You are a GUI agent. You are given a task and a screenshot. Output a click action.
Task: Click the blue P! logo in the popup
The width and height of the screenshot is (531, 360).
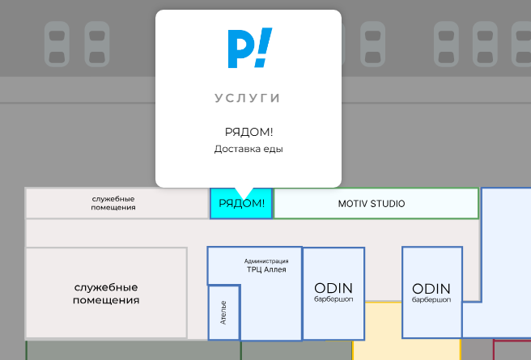[x=250, y=48]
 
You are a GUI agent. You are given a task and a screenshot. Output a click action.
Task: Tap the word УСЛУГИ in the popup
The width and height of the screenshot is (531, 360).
[x=248, y=98]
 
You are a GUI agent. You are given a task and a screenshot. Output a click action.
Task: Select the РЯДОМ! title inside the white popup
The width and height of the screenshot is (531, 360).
[x=249, y=132]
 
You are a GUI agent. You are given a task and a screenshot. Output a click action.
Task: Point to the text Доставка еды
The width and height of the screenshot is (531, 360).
[x=249, y=149]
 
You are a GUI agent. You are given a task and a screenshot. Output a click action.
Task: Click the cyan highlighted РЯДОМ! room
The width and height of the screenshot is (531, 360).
[x=241, y=203]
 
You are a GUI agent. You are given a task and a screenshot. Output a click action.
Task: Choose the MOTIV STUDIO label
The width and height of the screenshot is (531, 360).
[x=372, y=204]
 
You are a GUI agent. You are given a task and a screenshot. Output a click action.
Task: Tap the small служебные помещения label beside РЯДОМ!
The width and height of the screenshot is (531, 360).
[x=113, y=203]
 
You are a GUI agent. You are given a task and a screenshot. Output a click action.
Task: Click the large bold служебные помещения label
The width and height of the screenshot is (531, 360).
[x=106, y=294]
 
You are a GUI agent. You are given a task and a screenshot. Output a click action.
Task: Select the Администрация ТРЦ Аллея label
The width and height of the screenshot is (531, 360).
[x=266, y=265]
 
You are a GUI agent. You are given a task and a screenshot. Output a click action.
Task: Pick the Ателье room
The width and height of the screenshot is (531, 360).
[x=224, y=312]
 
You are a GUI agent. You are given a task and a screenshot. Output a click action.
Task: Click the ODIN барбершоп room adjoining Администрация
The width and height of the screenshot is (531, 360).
[x=333, y=294]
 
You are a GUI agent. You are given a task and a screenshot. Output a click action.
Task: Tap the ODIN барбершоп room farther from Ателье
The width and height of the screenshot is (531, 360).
[x=432, y=292]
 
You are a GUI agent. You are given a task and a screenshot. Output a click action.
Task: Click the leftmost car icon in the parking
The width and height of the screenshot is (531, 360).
[x=57, y=44]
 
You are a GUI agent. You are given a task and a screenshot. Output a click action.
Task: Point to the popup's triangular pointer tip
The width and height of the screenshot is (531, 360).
[x=244, y=200]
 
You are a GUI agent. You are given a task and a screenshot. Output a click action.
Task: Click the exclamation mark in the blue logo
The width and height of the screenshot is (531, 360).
[x=263, y=48]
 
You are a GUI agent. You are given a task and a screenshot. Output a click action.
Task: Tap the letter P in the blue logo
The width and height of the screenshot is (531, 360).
[x=240, y=49]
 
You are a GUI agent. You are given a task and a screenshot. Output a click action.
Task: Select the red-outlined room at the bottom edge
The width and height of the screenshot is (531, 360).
[x=512, y=349]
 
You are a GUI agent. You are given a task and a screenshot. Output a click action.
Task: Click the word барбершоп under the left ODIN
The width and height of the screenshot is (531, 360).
[x=333, y=299]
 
